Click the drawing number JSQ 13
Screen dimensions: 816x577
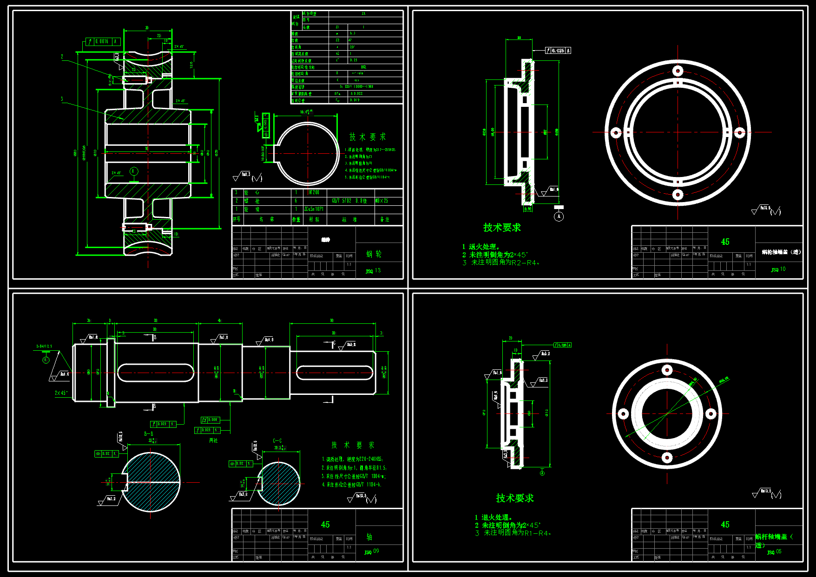coord(373,271)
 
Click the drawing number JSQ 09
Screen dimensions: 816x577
coord(372,551)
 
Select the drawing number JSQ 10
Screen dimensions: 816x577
coord(778,269)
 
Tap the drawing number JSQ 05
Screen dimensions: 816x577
coord(774,552)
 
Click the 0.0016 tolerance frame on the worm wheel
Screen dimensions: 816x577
coord(103,42)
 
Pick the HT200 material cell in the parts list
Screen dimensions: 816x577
coord(314,192)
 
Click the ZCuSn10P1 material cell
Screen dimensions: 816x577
coord(314,210)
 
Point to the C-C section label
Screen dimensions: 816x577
coord(277,441)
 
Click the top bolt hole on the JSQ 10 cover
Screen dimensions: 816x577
coord(678,71)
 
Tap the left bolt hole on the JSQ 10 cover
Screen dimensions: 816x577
coord(616,133)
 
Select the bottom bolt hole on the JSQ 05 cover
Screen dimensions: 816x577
coord(667,458)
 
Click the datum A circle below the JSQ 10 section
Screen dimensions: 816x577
coord(559,216)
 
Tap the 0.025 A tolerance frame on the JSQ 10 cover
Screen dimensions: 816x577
coord(559,51)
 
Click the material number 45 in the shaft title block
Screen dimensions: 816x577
coord(325,525)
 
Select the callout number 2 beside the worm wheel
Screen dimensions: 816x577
coord(62,57)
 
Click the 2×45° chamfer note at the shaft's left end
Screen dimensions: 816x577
coord(61,393)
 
